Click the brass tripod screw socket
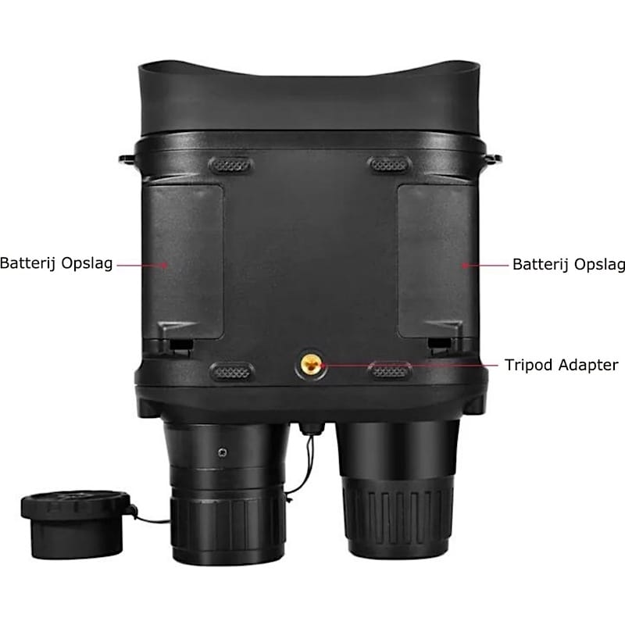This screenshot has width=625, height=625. pyautogui.click(x=311, y=365)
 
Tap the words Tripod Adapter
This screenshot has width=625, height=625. pyautogui.click(x=561, y=365)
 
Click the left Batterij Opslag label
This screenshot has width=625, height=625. pyautogui.click(x=56, y=263)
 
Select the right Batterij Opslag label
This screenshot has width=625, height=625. pyautogui.click(x=569, y=264)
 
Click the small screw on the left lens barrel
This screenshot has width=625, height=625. pyautogui.click(x=223, y=452)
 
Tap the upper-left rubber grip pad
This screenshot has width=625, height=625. pyautogui.click(x=230, y=165)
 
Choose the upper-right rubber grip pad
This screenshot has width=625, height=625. pyautogui.click(x=389, y=164)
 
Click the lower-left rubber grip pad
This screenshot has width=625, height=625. pyautogui.click(x=231, y=372)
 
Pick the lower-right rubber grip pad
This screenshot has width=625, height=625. pyautogui.click(x=389, y=371)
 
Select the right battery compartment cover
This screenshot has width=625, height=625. pyautogui.click(x=437, y=261)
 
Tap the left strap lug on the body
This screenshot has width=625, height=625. pyautogui.click(x=127, y=159)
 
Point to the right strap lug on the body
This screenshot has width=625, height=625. pyautogui.click(x=493, y=159)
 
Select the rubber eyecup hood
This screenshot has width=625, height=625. pyautogui.click(x=309, y=98)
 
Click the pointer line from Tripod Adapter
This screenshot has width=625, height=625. pyautogui.click(x=409, y=365)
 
